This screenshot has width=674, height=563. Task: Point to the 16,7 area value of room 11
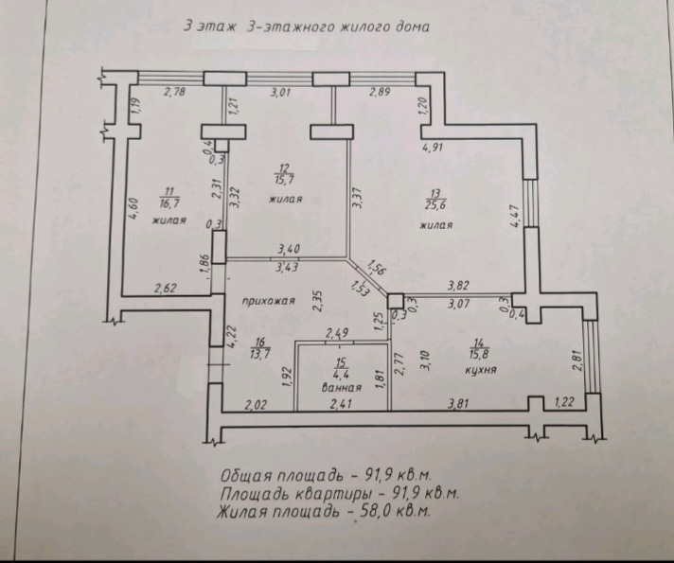[x=168, y=202]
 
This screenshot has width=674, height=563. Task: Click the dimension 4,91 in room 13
[x=433, y=148]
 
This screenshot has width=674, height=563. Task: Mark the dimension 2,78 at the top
[x=175, y=92]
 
